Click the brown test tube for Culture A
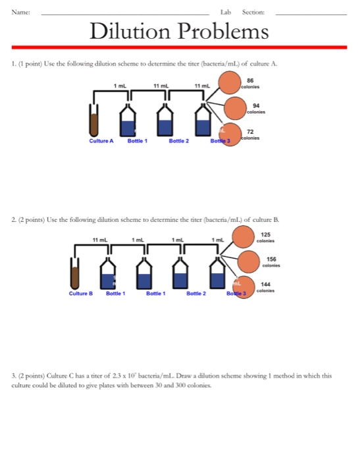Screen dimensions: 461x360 point(93,122)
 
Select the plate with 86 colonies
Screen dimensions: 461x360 point(230,84)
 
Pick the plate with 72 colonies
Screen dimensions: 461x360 point(231,134)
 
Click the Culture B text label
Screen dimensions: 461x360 point(81,293)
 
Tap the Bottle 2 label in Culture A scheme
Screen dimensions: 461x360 point(180,141)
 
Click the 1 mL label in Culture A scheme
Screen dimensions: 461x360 point(120,86)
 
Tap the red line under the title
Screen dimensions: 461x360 point(179,47)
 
